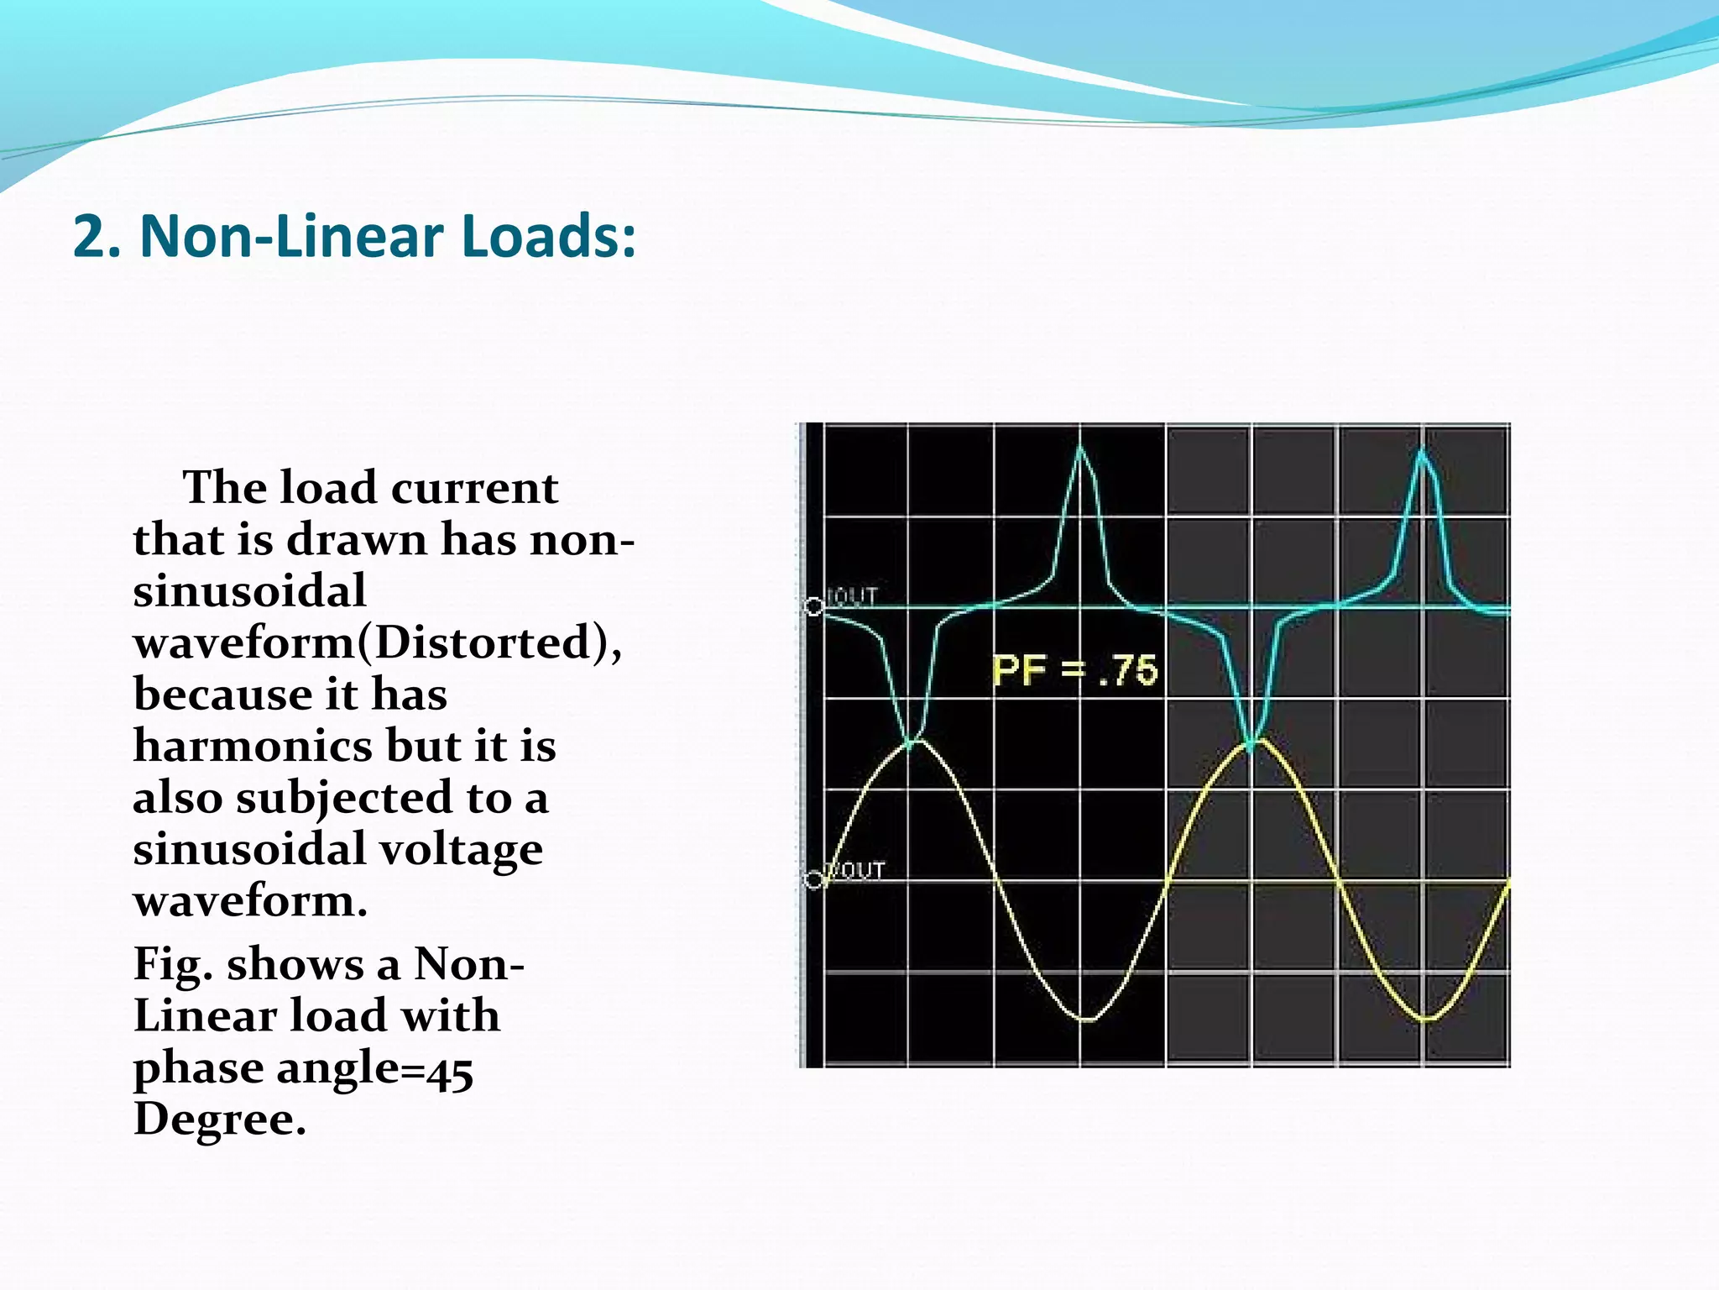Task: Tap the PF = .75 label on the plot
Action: click(x=1075, y=670)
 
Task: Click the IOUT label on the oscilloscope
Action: click(x=852, y=596)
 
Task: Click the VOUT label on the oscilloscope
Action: click(x=856, y=870)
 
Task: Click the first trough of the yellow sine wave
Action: click(x=1086, y=1020)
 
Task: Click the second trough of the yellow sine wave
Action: click(x=1427, y=1020)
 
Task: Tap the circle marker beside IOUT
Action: click(x=813, y=606)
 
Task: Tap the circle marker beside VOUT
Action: click(x=813, y=880)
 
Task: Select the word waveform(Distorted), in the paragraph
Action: click(x=378, y=642)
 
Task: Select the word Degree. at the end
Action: click(x=220, y=1120)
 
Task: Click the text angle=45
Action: click(x=374, y=1069)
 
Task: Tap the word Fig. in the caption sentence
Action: click(x=173, y=965)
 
